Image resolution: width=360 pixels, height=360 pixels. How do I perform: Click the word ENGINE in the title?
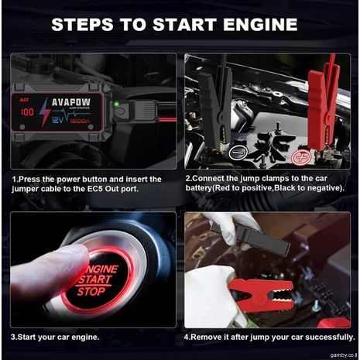(x=253, y=26)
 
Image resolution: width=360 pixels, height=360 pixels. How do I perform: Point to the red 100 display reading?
(x=29, y=111)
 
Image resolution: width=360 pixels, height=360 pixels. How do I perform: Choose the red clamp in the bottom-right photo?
(x=263, y=295)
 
